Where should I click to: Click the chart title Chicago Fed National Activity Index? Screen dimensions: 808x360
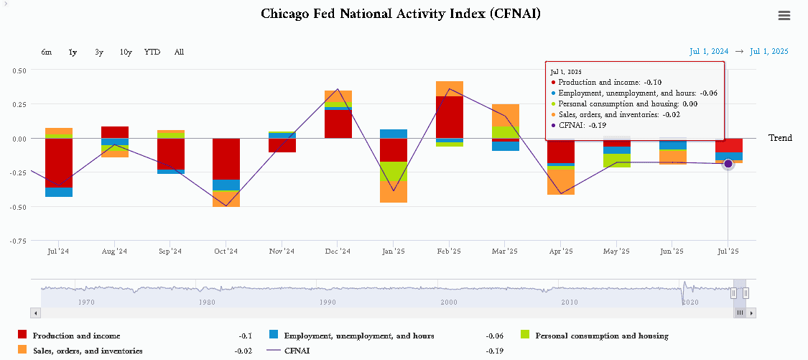[400, 14]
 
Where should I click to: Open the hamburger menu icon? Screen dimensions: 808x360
[784, 16]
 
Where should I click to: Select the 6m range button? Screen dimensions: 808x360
[47, 52]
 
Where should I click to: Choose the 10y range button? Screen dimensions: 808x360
[126, 52]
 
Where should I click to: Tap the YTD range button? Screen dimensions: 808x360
[152, 52]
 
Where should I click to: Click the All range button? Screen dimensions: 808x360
[179, 52]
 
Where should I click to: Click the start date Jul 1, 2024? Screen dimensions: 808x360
[709, 51]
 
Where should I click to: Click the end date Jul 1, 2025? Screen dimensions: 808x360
[769, 51]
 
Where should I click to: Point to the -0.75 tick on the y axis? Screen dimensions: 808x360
[19, 241]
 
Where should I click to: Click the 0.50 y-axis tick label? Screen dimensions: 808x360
[19, 70]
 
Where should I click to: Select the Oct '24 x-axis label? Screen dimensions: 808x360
[226, 251]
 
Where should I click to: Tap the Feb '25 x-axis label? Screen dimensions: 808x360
[449, 251]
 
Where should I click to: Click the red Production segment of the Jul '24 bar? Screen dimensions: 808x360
[59, 163]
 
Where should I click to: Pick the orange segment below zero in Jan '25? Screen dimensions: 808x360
[393, 192]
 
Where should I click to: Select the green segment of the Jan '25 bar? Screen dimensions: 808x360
[393, 171]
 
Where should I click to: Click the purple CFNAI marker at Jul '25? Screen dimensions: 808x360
[728, 164]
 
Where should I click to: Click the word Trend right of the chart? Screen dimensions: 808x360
[780, 138]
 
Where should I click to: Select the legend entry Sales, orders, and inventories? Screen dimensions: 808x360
[88, 351]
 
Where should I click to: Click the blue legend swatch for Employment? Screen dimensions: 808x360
[274, 335]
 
